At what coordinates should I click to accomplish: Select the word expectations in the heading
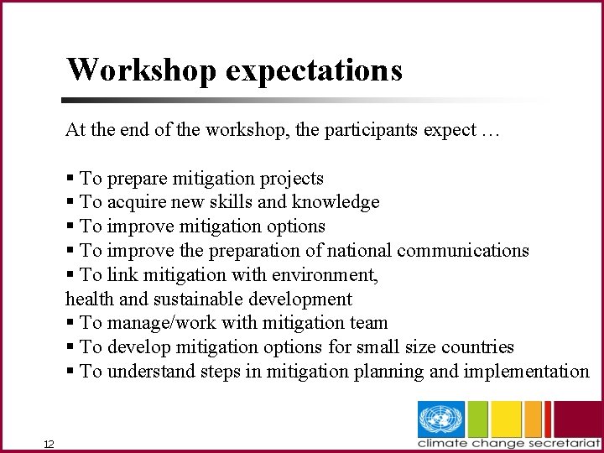[314, 70]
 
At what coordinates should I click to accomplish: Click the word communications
[463, 250]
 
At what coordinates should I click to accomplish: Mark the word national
[359, 250]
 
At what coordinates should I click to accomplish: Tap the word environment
[326, 274]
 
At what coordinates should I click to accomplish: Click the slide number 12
[49, 444]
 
